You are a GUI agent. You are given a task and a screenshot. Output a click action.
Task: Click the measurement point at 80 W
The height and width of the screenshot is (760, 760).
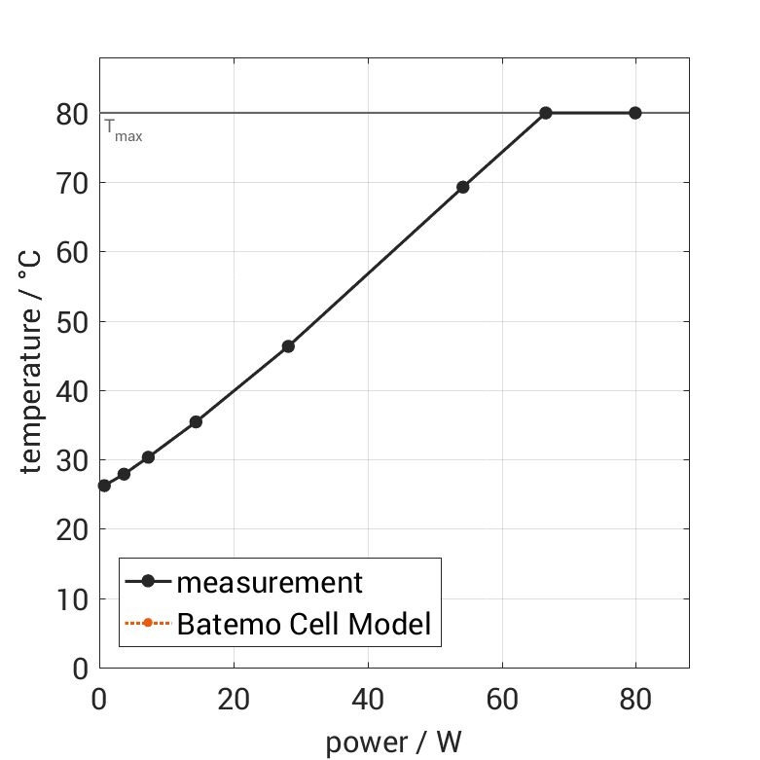pyautogui.click(x=635, y=113)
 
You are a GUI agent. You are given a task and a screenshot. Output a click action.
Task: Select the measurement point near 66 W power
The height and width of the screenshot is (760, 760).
pyautogui.click(x=546, y=113)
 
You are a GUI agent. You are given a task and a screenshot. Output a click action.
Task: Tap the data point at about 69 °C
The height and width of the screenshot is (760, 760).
pyautogui.click(x=462, y=187)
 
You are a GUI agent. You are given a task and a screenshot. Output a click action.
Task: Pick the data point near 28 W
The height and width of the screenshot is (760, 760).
pyautogui.click(x=288, y=346)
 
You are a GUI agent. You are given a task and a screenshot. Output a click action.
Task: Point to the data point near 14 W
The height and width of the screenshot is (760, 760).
pyautogui.click(x=196, y=421)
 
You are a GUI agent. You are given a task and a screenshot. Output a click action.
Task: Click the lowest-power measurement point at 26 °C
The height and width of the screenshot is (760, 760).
pyautogui.click(x=104, y=486)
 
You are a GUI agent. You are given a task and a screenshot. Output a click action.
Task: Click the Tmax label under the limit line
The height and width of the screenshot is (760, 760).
pyautogui.click(x=124, y=130)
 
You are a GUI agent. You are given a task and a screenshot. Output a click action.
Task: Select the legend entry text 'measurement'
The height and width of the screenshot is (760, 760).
pyautogui.click(x=270, y=583)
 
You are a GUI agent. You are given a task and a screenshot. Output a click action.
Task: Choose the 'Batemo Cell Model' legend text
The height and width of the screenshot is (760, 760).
pyautogui.click(x=304, y=624)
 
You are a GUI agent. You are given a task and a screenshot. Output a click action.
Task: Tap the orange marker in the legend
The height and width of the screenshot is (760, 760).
pyautogui.click(x=148, y=623)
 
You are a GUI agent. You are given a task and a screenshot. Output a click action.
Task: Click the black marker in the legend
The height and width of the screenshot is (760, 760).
pyautogui.click(x=148, y=582)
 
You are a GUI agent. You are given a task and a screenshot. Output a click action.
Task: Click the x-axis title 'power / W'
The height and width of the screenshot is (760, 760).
pyautogui.click(x=393, y=742)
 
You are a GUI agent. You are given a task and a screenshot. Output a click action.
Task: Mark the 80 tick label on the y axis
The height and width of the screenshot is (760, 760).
pyautogui.click(x=72, y=114)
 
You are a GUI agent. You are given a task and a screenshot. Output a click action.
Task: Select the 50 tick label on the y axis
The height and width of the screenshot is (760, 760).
pyautogui.click(x=72, y=322)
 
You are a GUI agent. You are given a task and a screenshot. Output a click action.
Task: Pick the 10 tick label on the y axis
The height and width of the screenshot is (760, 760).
pyautogui.click(x=72, y=599)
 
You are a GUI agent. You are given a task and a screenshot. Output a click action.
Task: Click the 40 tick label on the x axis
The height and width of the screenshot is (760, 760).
pyautogui.click(x=368, y=699)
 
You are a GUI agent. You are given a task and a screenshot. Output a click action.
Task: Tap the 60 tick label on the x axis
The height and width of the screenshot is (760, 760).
pyautogui.click(x=502, y=699)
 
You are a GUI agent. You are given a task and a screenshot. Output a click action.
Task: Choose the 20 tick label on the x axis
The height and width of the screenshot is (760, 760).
pyautogui.click(x=234, y=699)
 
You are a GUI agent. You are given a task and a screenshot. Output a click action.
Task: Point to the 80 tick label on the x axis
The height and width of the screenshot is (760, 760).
pyautogui.click(x=635, y=699)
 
